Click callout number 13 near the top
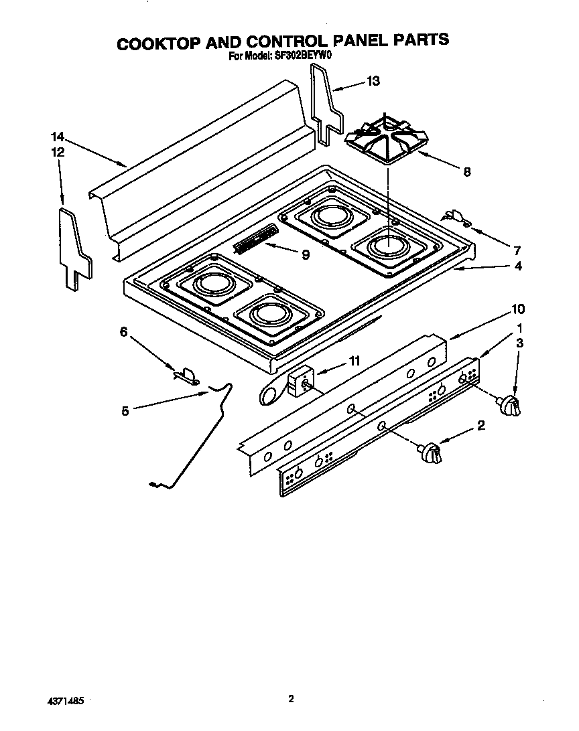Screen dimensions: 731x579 tap(373, 81)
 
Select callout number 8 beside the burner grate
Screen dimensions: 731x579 tap(466, 172)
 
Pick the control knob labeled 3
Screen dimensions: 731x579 tap(512, 406)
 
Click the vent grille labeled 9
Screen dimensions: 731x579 tap(255, 239)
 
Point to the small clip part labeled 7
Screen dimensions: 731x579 tap(456, 218)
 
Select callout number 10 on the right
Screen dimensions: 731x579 tap(517, 309)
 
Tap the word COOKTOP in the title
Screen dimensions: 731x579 tap(157, 42)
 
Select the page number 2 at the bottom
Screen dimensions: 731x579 tap(290, 699)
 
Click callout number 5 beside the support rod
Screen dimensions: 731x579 tap(125, 411)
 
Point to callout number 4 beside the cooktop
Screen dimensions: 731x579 tap(518, 266)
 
